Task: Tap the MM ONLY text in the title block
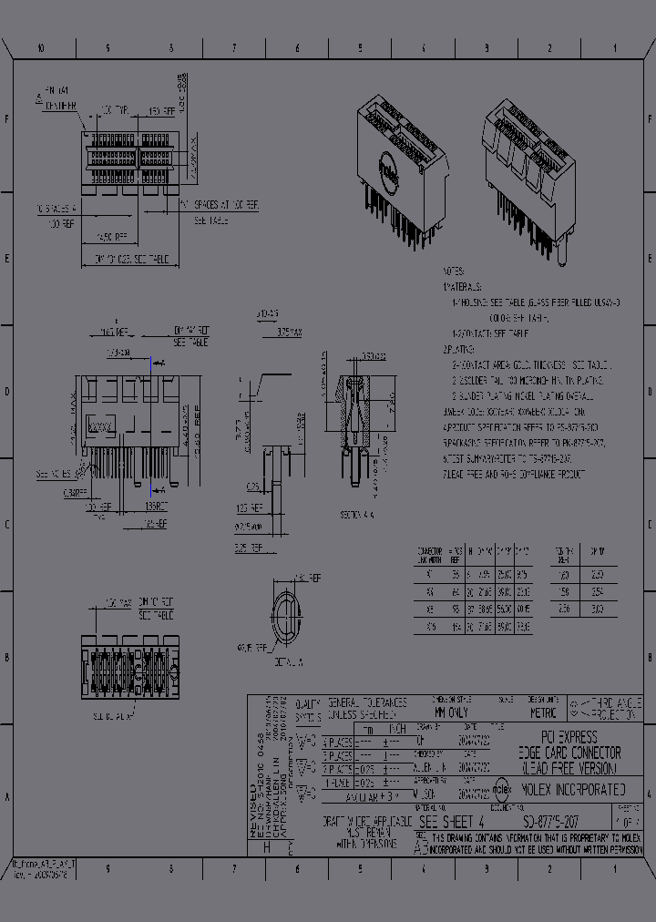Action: click(453, 713)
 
